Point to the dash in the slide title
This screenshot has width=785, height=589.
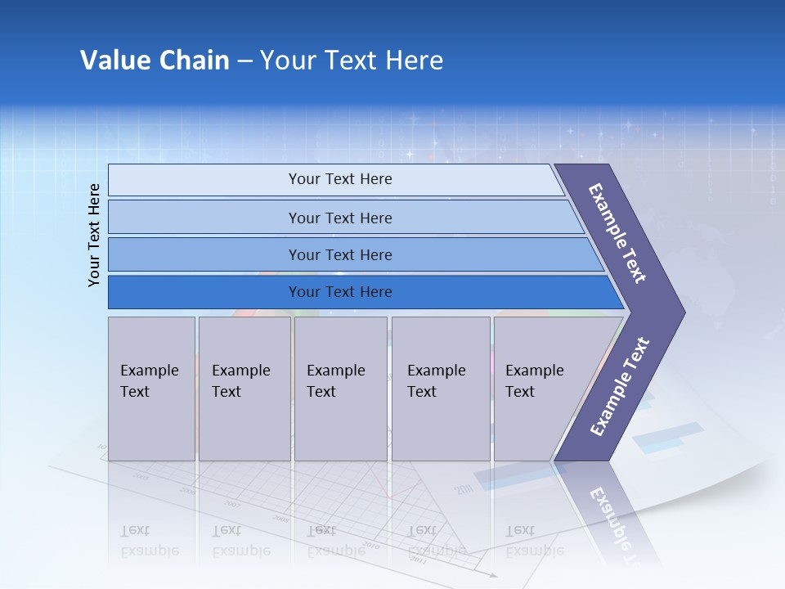click(244, 61)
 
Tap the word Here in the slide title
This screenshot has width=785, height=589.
click(414, 61)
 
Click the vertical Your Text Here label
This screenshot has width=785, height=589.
click(94, 235)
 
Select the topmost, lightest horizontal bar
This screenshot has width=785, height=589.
click(339, 179)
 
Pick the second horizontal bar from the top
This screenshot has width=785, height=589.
click(339, 218)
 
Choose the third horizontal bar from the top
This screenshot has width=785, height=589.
click(339, 254)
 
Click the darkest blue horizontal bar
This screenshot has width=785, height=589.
click(339, 292)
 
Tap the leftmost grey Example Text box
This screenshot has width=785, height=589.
click(151, 389)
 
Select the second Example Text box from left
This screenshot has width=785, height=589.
click(244, 389)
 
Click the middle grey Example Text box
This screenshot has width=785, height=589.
click(340, 389)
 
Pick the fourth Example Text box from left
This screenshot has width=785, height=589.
click(441, 389)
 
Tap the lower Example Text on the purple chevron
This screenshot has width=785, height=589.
click(620, 387)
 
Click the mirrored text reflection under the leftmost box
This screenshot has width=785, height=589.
click(149, 541)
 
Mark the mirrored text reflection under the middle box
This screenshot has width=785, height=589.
click(335, 541)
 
